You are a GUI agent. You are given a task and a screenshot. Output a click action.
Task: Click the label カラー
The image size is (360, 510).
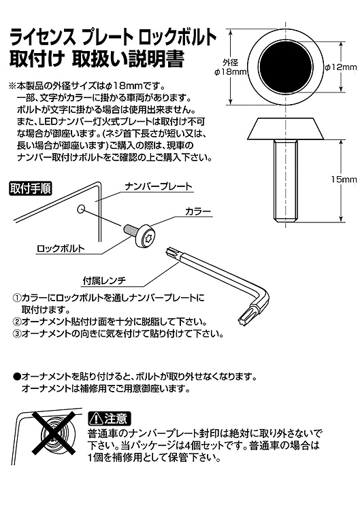tap(198, 211)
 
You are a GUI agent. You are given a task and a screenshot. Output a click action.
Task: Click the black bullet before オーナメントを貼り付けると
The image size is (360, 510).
tap(16, 376)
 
